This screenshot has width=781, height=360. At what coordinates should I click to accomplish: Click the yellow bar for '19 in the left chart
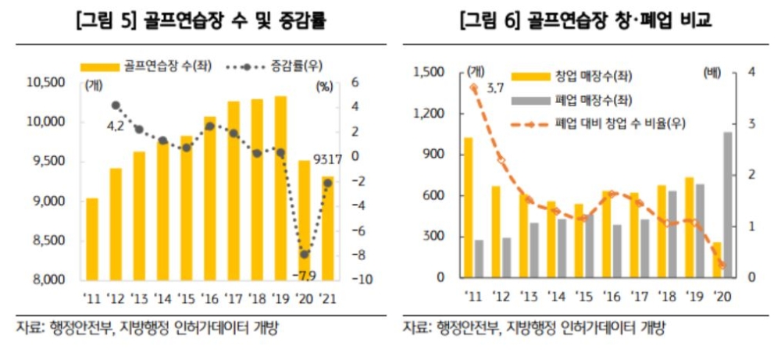pos(280,187)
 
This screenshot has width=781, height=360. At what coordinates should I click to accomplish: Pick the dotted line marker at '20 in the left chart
pos(305,255)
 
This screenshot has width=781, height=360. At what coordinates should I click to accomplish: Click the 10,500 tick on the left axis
pos(45,82)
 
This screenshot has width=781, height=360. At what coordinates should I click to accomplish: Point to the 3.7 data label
pos(494,87)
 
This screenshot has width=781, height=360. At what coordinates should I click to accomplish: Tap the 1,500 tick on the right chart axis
pos(429,73)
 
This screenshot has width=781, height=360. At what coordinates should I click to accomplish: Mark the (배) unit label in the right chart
pos(712,73)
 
